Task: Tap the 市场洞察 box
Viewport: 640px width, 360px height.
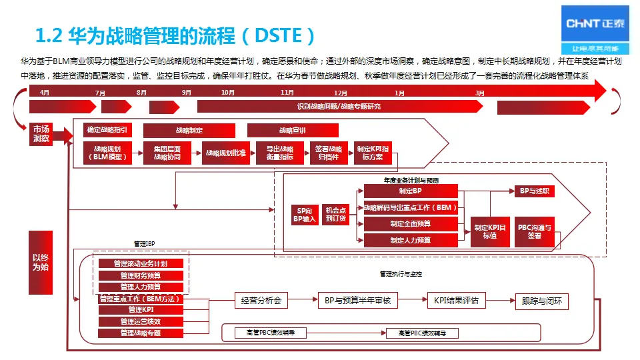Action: coord(41,134)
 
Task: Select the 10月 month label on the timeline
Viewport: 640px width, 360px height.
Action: coord(228,93)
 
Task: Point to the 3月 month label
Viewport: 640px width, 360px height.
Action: coord(480,93)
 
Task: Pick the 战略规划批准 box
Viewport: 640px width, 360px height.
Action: coord(225,153)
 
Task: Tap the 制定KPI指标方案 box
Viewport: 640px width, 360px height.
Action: coord(373,153)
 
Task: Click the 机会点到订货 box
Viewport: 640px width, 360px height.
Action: coord(336,215)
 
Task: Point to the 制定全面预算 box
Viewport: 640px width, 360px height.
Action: coord(410,224)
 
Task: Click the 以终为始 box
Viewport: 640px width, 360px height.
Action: coord(41,263)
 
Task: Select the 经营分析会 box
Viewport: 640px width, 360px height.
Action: coord(261,301)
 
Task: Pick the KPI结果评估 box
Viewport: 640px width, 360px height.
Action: coord(456,301)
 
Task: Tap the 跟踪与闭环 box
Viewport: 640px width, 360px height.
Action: coord(542,301)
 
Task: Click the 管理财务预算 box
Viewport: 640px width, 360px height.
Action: coord(141,275)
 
